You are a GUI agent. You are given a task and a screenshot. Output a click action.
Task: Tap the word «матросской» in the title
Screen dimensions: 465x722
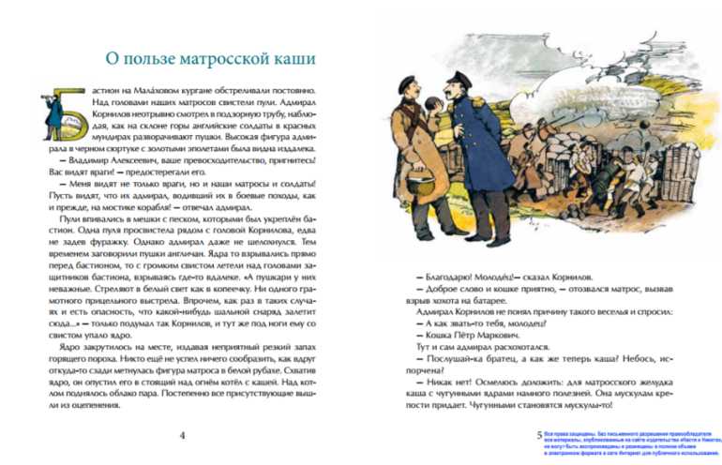coord(218,60)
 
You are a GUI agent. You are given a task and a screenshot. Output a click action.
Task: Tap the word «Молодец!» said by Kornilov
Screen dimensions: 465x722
coord(498,277)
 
